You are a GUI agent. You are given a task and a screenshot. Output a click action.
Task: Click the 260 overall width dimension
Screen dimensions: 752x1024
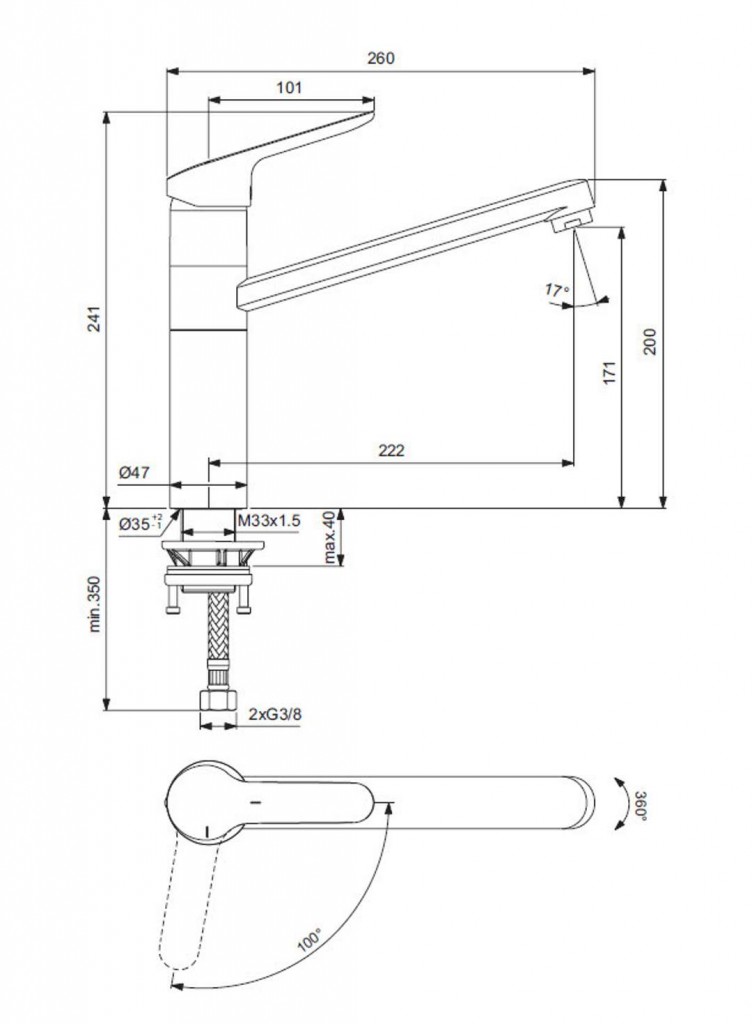tap(381, 58)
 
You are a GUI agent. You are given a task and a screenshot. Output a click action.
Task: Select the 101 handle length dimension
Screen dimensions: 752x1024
tap(289, 88)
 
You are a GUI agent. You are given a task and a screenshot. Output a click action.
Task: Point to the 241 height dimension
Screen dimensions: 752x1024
tap(95, 319)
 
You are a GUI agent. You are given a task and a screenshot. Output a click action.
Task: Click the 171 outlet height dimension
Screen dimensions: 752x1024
tap(610, 372)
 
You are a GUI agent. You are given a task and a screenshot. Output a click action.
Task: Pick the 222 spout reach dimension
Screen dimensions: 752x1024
tap(391, 451)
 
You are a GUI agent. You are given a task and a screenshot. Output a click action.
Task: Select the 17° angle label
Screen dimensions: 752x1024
tap(557, 289)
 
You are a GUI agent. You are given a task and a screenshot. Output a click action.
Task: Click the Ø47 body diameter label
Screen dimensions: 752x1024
tap(134, 473)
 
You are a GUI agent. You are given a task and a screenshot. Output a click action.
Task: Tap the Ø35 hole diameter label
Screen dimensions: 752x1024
tap(140, 522)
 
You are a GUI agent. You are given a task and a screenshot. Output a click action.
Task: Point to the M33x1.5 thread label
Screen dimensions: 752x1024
tap(269, 520)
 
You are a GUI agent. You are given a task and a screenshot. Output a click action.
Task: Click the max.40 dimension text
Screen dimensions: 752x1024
tap(330, 537)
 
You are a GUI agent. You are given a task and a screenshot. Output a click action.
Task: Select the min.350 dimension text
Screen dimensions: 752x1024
tap(95, 604)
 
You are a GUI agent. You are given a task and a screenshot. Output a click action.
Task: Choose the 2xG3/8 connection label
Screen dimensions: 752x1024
tap(275, 714)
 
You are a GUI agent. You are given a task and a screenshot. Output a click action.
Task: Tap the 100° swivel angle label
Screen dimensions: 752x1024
tap(309, 939)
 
